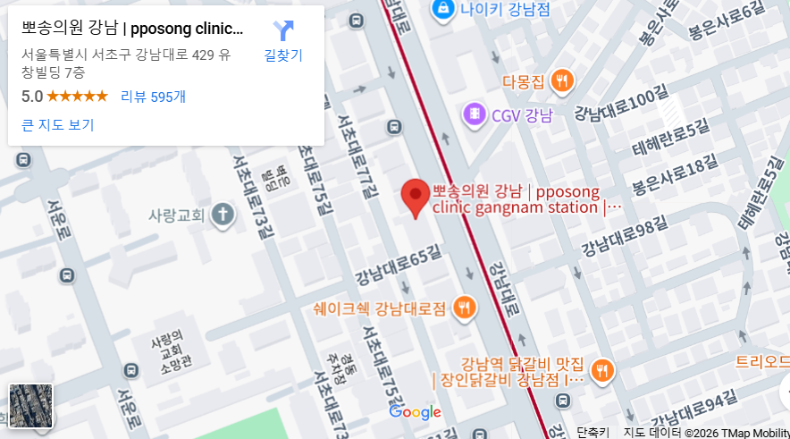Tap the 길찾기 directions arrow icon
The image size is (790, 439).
pos(283,31)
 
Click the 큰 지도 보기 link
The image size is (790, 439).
pos(57,124)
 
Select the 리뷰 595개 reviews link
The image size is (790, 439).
pos(153,97)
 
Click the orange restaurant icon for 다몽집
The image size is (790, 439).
pos(561,82)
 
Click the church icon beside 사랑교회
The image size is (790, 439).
pos(222,215)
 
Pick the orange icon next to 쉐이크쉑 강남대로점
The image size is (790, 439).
pos(464,308)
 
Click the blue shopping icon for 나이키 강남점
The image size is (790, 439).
pos(441,10)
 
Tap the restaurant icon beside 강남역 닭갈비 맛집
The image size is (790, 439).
pos(603,370)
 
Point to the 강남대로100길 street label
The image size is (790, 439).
pos(620,105)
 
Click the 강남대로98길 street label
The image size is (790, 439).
pos(625,235)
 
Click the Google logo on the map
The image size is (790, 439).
pos(416,412)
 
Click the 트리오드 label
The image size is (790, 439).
pos(761,362)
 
